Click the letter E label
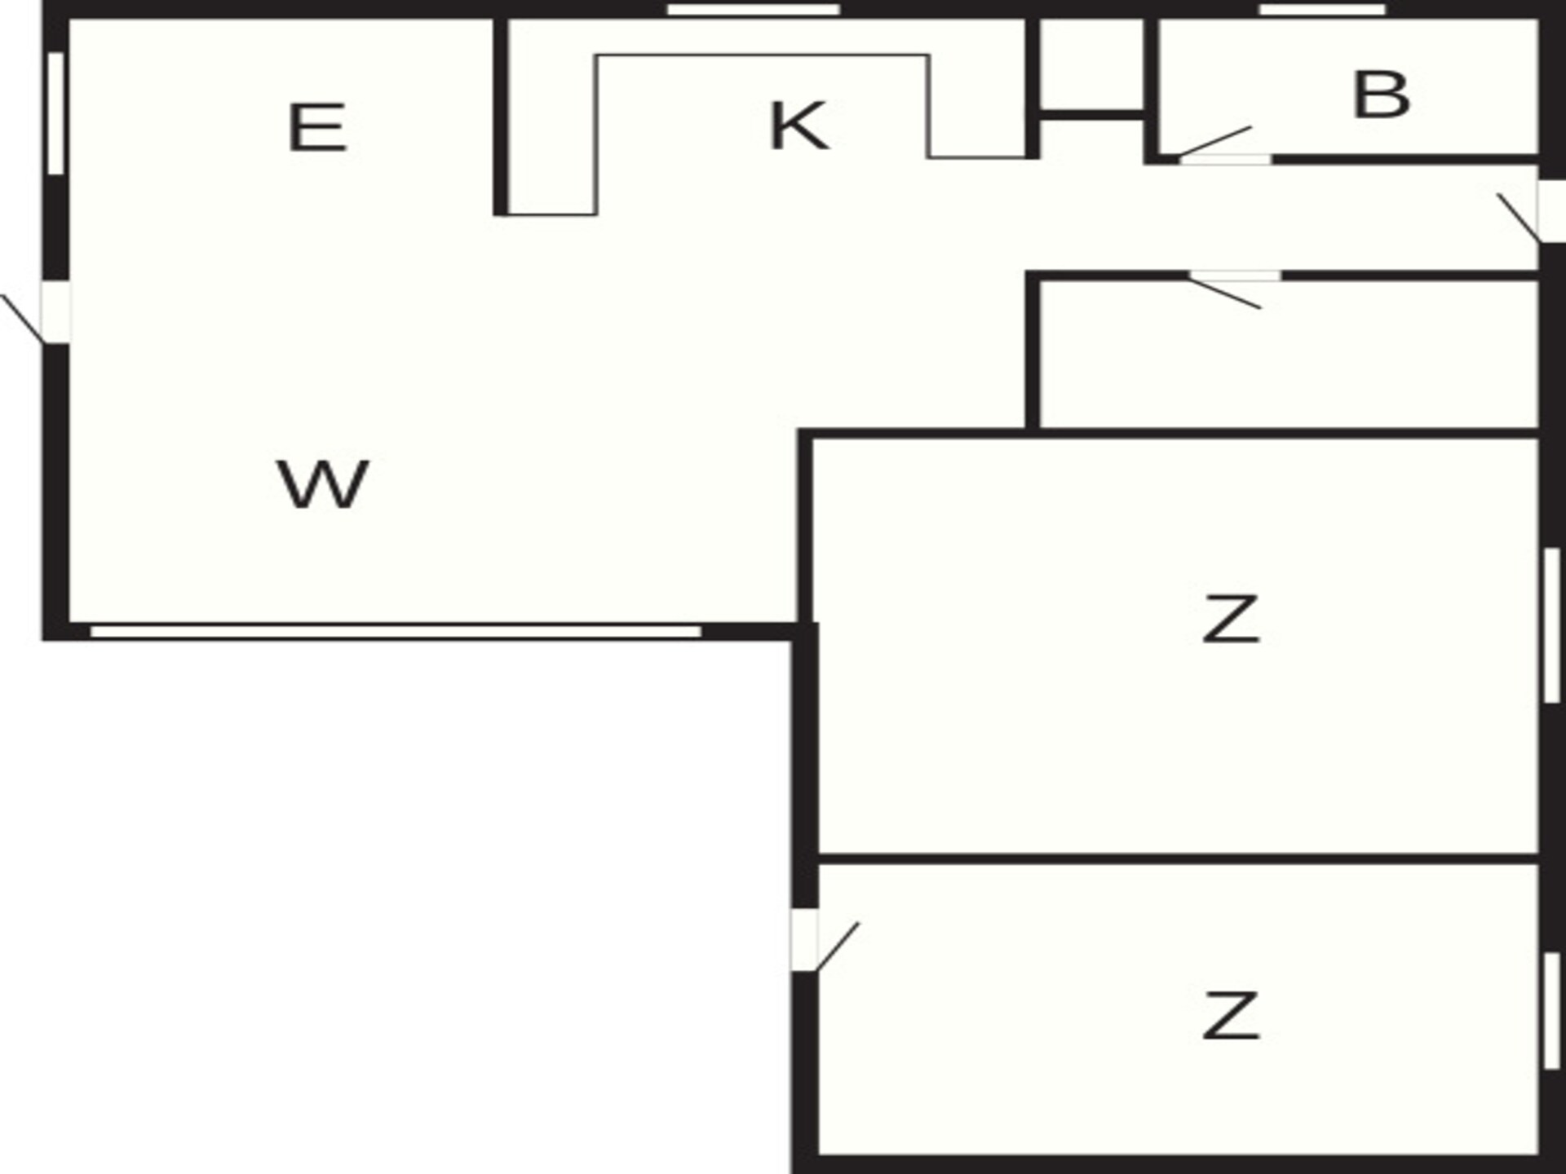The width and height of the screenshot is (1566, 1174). (317, 127)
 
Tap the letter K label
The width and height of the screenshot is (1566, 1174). (799, 126)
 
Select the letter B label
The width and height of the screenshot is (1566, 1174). (1381, 95)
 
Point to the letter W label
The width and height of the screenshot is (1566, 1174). (323, 484)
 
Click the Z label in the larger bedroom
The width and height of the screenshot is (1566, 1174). (1231, 620)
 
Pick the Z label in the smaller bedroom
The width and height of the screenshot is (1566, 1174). (1231, 1015)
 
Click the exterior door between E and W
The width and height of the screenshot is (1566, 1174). (37, 313)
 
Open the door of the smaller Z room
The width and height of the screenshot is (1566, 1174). (824, 941)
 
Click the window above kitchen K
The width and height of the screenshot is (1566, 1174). (754, 10)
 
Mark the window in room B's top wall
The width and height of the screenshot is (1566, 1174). (1323, 10)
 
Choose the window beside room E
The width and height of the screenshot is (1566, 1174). (55, 113)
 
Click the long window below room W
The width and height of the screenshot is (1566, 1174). (396, 632)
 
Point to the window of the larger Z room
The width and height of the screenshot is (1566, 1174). (1552, 625)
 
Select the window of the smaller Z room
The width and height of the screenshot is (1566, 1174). (1552, 1011)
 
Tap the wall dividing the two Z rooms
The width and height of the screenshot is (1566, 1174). (1179, 859)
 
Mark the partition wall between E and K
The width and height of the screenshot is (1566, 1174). (501, 117)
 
